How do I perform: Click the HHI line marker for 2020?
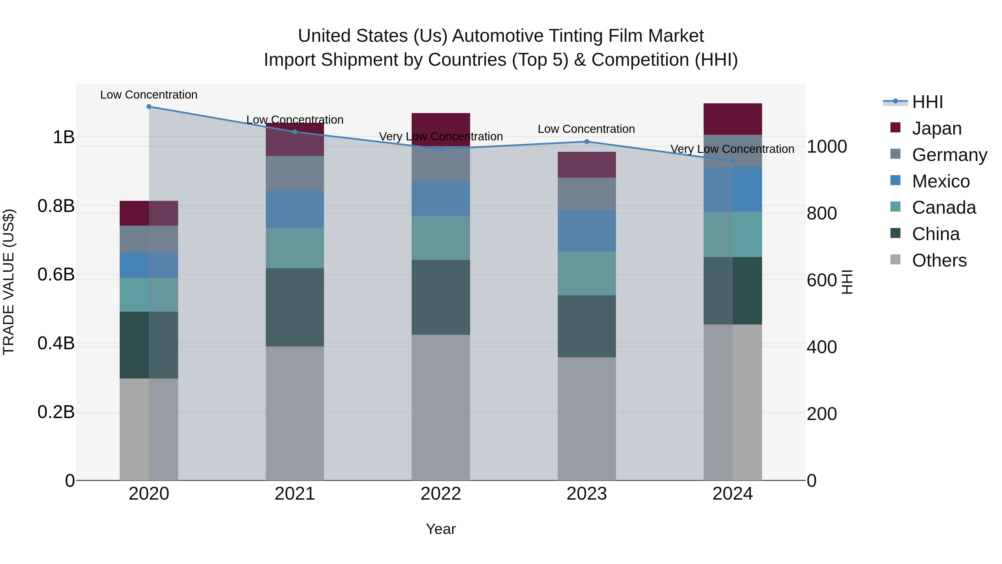pyautogui.click(x=149, y=107)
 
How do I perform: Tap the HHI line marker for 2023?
pyautogui.click(x=586, y=142)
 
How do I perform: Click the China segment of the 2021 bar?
pyautogui.click(x=295, y=307)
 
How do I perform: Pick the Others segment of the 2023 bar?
pyautogui.click(x=586, y=418)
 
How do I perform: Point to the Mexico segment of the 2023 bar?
pyautogui.click(x=586, y=231)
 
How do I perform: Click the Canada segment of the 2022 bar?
pyautogui.click(x=441, y=238)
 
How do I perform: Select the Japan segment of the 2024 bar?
pyautogui.click(x=733, y=119)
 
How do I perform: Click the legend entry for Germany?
pyautogui.click(x=949, y=155)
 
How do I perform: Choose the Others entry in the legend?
pyautogui.click(x=939, y=260)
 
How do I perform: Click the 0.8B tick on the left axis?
pyautogui.click(x=56, y=206)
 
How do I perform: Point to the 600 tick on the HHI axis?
pyautogui.click(x=822, y=280)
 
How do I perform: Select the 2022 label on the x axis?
pyautogui.click(x=441, y=494)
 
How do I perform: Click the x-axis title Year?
pyautogui.click(x=441, y=529)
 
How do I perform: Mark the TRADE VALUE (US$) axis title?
pyautogui.click(x=9, y=282)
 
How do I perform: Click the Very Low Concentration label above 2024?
pyautogui.click(x=732, y=149)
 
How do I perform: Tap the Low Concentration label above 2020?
pyautogui.click(x=149, y=95)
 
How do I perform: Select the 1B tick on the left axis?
pyautogui.click(x=63, y=137)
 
